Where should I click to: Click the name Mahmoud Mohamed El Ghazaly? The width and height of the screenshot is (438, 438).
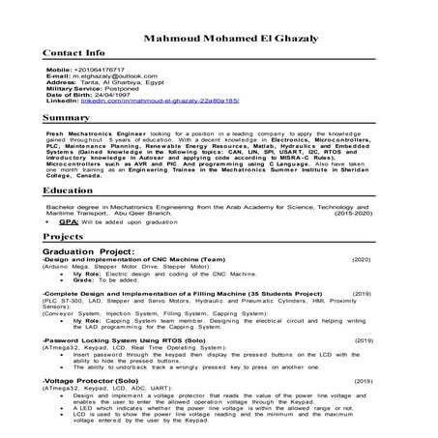[x=219, y=38]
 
